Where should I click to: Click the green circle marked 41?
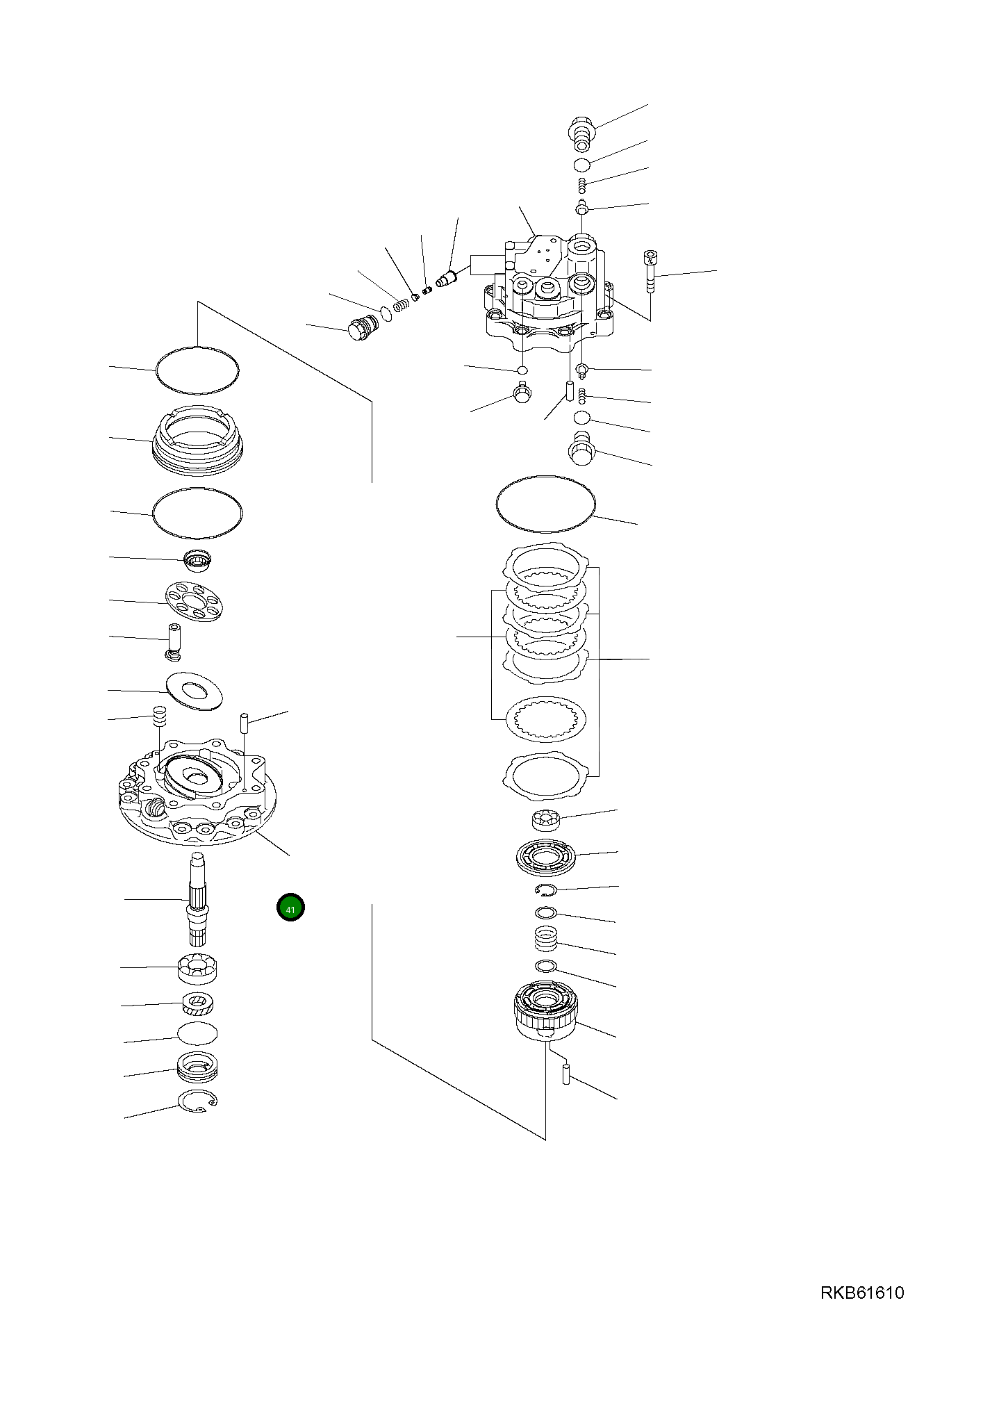click(x=290, y=908)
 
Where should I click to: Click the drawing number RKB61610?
click(x=862, y=1293)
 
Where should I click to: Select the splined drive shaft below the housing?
click(x=198, y=899)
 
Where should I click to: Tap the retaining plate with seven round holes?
click(x=195, y=602)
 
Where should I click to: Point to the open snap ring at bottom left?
click(x=197, y=1101)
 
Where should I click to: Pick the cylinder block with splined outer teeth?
click(x=546, y=1011)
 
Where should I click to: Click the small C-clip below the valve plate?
click(x=546, y=890)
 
